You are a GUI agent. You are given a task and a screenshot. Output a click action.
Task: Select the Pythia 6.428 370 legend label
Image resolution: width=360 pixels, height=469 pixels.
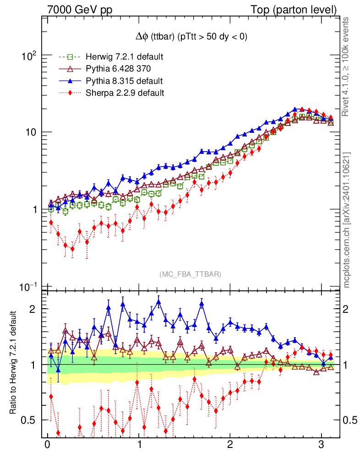118,69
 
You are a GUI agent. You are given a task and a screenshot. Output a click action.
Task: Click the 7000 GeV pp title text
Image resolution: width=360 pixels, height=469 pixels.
80,10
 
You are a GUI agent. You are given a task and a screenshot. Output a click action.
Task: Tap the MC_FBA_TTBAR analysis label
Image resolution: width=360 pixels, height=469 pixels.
191,274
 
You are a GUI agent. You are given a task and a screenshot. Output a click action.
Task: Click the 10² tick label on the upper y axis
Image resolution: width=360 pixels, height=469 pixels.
29,55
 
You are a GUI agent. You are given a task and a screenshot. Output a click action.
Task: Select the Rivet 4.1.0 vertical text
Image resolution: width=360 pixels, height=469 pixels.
347,66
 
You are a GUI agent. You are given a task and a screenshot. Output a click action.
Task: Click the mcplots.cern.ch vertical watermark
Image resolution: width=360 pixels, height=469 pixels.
347,220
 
